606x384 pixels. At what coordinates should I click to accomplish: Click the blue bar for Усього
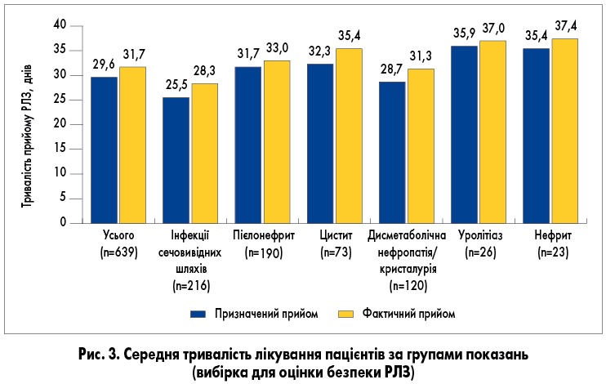pyautogui.click(x=104, y=150)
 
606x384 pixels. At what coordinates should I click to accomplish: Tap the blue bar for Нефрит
pyautogui.click(x=535, y=135)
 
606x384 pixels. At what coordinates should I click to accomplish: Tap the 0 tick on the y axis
pyautogui.click(x=62, y=222)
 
